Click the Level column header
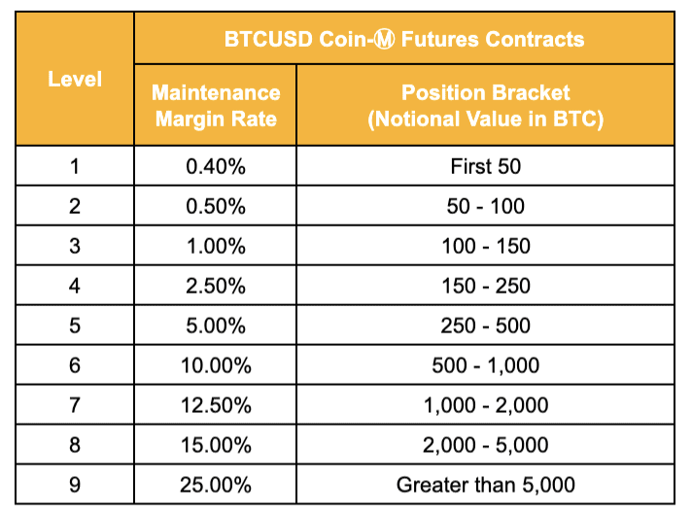click(75, 79)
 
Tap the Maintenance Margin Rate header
click(216, 106)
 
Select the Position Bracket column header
click(485, 106)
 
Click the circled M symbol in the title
click(384, 39)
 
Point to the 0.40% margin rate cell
click(216, 166)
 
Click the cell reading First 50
click(485, 166)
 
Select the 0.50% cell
click(216, 206)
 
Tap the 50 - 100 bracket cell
click(485, 206)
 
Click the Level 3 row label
click(75, 246)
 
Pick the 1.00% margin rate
click(216, 246)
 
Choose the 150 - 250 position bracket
click(485, 286)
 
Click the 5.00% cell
click(216, 326)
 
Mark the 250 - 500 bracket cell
click(485, 326)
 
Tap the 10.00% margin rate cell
click(216, 365)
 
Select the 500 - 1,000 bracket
click(485, 365)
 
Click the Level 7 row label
click(75, 405)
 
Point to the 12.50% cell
click(216, 405)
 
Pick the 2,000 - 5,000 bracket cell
click(485, 445)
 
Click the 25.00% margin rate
click(216, 485)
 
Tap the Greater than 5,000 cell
click(485, 485)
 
